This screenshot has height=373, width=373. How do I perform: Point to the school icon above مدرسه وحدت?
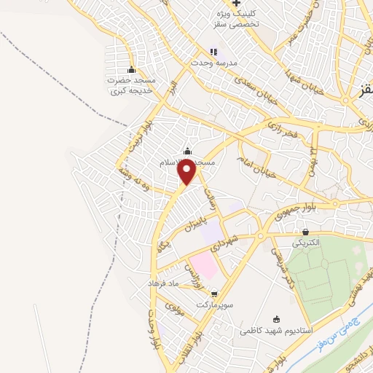(213, 52)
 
